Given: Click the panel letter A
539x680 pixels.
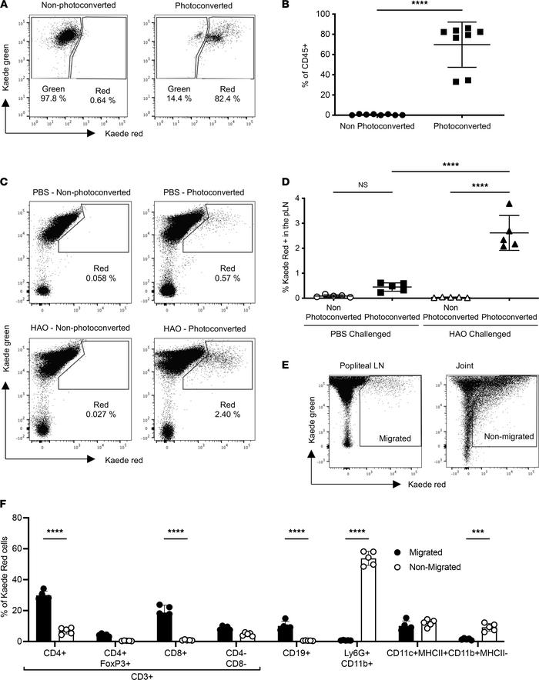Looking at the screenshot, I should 7,7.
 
